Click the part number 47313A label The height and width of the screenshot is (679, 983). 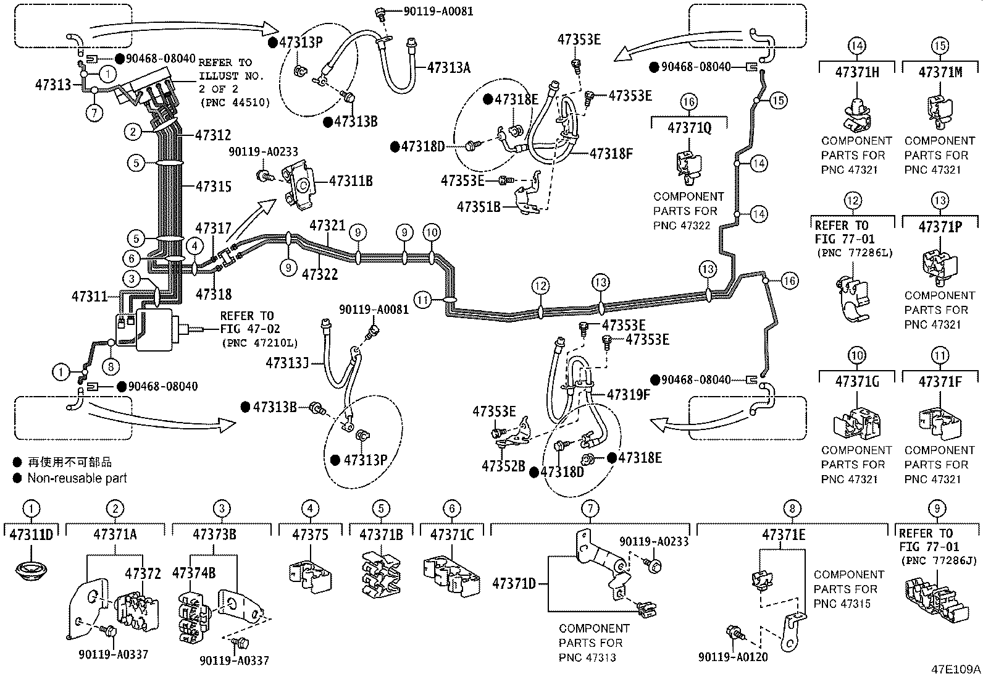[x=448, y=68]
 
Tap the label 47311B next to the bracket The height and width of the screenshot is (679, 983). [x=351, y=181]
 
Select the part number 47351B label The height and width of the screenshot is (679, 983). [x=479, y=206]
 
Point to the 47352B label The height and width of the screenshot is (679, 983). [x=503, y=466]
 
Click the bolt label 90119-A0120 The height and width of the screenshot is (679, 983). [x=733, y=657]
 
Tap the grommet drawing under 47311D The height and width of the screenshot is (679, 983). [x=30, y=570]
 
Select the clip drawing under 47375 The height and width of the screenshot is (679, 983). [x=311, y=576]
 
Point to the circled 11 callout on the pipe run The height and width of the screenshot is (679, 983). [x=422, y=301]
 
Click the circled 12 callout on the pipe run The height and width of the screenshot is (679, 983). [x=541, y=285]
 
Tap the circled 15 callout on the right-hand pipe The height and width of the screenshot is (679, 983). [x=779, y=99]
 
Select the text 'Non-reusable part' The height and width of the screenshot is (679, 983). [x=77, y=478]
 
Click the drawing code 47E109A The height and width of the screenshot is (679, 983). [x=956, y=669]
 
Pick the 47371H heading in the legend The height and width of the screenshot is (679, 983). [x=856, y=72]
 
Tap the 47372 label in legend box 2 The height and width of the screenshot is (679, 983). [x=143, y=573]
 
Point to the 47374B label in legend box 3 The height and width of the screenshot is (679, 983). [x=194, y=573]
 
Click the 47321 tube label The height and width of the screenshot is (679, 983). [x=327, y=226]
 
